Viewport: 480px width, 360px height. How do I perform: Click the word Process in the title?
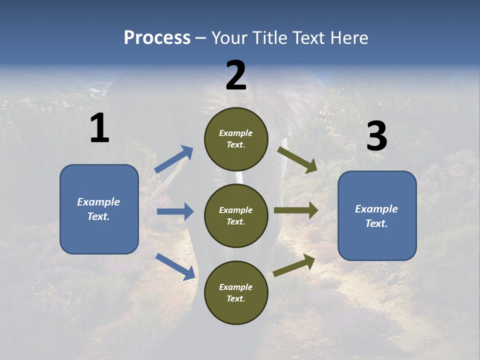[157, 38]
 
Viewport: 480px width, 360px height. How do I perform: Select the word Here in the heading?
[348, 38]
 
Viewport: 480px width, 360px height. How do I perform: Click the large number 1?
[99, 128]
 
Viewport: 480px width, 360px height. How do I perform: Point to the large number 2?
[236, 75]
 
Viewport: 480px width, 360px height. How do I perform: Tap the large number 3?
[376, 136]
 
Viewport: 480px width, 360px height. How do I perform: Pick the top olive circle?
[236, 139]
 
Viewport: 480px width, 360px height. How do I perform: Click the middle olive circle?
[236, 216]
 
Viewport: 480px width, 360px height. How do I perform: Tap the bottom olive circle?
[236, 293]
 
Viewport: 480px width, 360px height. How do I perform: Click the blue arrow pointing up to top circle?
[174, 159]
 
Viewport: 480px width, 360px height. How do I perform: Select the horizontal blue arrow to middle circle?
[175, 211]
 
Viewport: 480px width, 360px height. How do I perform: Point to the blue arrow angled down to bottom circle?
[175, 266]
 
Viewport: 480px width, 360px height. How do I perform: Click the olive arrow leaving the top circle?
[297, 159]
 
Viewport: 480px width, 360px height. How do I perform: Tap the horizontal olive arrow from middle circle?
[296, 210]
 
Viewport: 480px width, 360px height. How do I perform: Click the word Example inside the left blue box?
[98, 202]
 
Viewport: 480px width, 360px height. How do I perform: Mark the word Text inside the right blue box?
[376, 223]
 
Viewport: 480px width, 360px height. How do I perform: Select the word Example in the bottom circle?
[236, 287]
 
